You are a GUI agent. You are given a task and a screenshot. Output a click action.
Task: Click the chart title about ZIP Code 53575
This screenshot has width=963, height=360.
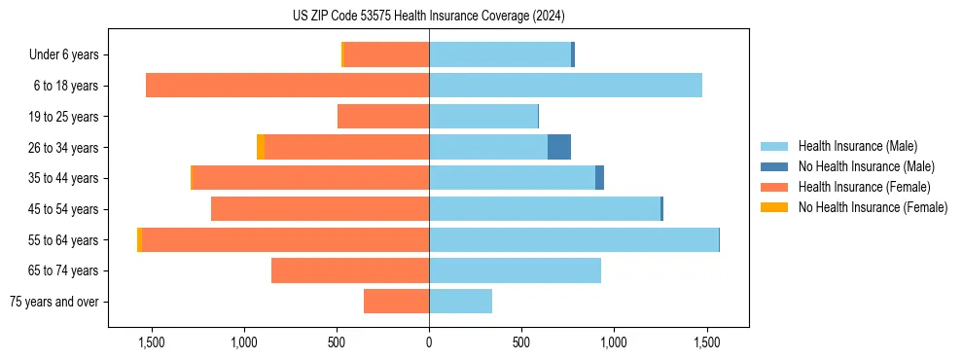pyautogui.click(x=428, y=17)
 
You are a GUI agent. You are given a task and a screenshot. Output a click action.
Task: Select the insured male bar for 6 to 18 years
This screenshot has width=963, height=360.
pyautogui.click(x=565, y=86)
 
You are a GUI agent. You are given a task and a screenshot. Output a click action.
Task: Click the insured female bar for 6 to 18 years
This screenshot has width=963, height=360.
pyautogui.click(x=287, y=86)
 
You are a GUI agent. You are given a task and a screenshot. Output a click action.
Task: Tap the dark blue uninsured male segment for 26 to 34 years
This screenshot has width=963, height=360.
pyautogui.click(x=559, y=147)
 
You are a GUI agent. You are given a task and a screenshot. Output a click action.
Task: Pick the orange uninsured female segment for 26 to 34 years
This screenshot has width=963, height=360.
pyautogui.click(x=261, y=147)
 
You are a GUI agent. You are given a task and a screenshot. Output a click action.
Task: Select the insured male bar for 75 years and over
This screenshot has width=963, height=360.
pyautogui.click(x=460, y=302)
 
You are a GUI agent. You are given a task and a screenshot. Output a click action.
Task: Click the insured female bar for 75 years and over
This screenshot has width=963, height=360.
pyautogui.click(x=396, y=302)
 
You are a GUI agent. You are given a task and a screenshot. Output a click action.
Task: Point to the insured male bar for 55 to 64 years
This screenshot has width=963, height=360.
pyautogui.click(x=574, y=239)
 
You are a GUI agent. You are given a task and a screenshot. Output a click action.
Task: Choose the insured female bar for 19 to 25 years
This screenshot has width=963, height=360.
pyautogui.click(x=383, y=117)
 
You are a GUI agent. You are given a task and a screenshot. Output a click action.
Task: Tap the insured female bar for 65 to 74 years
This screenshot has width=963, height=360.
pyautogui.click(x=350, y=270)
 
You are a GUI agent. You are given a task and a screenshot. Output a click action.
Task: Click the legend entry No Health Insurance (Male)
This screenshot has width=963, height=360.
pyautogui.click(x=866, y=166)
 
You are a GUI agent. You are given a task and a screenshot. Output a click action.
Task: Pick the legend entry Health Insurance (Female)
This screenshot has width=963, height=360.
pyautogui.click(x=864, y=187)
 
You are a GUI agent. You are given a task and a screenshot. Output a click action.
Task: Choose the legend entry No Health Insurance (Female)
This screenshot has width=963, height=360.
pyautogui.click(x=873, y=207)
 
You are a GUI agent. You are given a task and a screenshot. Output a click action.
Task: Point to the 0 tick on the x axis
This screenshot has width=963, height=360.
pyautogui.click(x=429, y=342)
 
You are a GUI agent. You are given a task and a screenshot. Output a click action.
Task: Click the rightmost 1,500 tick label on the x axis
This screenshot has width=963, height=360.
pyautogui.click(x=706, y=342)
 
